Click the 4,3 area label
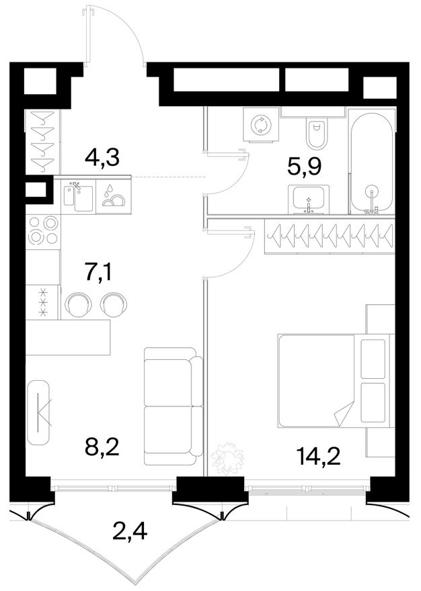(102, 158)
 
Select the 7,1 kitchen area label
(99, 273)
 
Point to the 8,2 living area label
(102, 448)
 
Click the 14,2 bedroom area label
(319, 457)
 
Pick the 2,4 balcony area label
(130, 531)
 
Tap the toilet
(316, 131)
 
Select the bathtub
(371, 162)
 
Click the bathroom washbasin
(309, 199)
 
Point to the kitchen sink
(79, 196)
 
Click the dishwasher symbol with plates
(112, 196)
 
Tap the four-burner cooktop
(42, 230)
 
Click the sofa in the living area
(174, 406)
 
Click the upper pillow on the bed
(373, 359)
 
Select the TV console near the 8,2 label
(39, 412)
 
